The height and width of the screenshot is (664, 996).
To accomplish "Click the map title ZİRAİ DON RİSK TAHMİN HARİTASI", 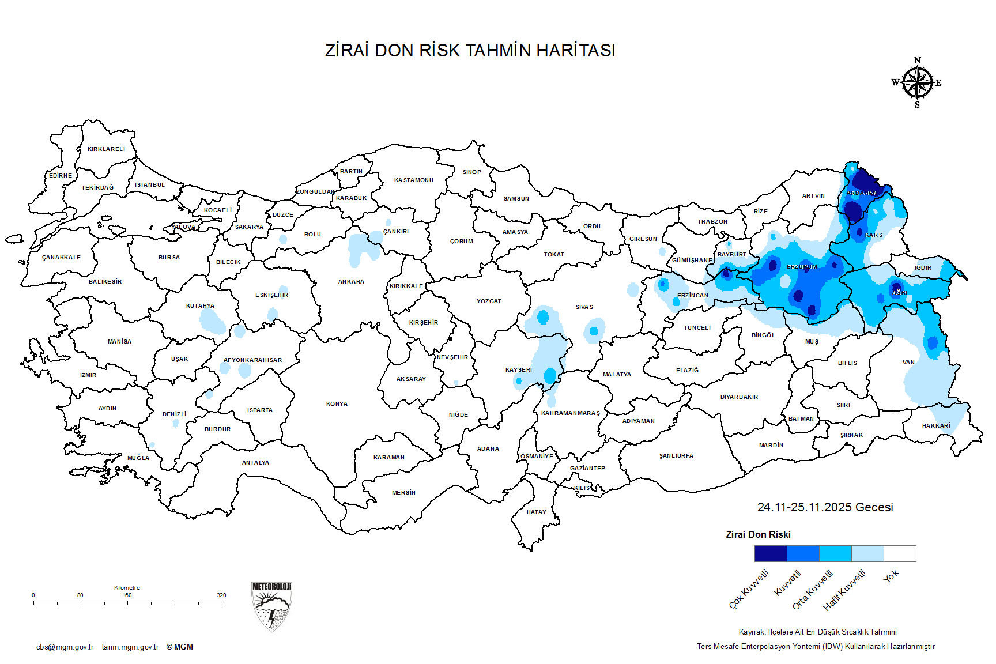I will pyautogui.click(x=470, y=51).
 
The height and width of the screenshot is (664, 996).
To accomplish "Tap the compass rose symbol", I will pyautogui.click(x=917, y=83).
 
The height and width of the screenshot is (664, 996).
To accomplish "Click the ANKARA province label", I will pyautogui.click(x=351, y=282).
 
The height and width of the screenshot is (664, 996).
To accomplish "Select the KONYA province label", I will pyautogui.click(x=337, y=404).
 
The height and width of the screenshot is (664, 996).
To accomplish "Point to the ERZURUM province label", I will pyautogui.click(x=802, y=267).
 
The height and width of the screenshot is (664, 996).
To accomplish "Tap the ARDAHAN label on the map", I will pyautogui.click(x=862, y=193).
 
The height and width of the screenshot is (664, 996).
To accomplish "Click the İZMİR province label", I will pyautogui.click(x=88, y=375).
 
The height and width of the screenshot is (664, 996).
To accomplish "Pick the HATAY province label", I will pyautogui.click(x=536, y=512).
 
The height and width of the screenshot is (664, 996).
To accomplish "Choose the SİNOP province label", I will pyautogui.click(x=471, y=172).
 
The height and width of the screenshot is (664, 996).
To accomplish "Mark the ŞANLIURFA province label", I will pyautogui.click(x=676, y=456).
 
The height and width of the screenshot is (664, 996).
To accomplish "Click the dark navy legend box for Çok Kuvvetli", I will pyautogui.click(x=770, y=553).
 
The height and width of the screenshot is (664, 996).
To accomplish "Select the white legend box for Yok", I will pyautogui.click(x=900, y=553).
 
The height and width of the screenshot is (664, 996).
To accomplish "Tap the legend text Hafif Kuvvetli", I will pyautogui.click(x=845, y=590).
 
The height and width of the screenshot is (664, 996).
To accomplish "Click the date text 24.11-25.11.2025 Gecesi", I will pyautogui.click(x=825, y=507).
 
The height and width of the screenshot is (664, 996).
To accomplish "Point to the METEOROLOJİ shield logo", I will pyautogui.click(x=271, y=606).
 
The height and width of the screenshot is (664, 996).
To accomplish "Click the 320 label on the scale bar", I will pyautogui.click(x=221, y=595).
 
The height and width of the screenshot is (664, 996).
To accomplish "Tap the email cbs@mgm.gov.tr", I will pyautogui.click(x=65, y=647).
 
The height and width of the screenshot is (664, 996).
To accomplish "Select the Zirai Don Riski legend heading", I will pyautogui.click(x=758, y=535).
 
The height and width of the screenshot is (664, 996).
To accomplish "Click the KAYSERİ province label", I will pyautogui.click(x=518, y=370).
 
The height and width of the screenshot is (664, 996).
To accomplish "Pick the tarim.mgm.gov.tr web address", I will pyautogui.click(x=130, y=647).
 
